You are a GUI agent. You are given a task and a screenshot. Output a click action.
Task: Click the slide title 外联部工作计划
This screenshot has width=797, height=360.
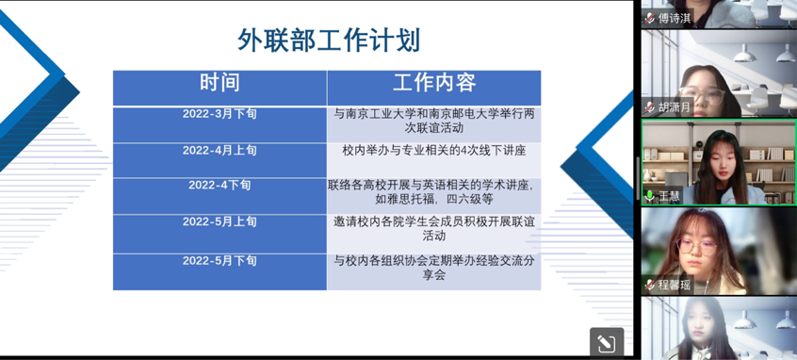click(329, 41)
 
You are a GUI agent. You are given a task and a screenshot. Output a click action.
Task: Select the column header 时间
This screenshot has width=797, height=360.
click(220, 82)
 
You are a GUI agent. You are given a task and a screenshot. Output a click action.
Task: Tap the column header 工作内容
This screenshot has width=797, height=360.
click(434, 82)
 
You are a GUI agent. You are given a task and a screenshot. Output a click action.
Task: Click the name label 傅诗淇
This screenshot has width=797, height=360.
click(675, 18)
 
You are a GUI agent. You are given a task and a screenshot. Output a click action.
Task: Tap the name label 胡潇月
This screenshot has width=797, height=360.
click(675, 107)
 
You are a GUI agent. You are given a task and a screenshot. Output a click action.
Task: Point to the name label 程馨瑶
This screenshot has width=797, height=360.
click(675, 285)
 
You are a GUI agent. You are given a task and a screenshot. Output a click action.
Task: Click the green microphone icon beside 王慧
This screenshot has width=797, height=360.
click(650, 196)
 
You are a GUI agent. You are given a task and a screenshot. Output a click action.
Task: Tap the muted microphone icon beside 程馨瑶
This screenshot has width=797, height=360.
click(650, 285)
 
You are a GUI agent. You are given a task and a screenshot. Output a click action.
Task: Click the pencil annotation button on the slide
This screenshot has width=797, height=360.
click(607, 344)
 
